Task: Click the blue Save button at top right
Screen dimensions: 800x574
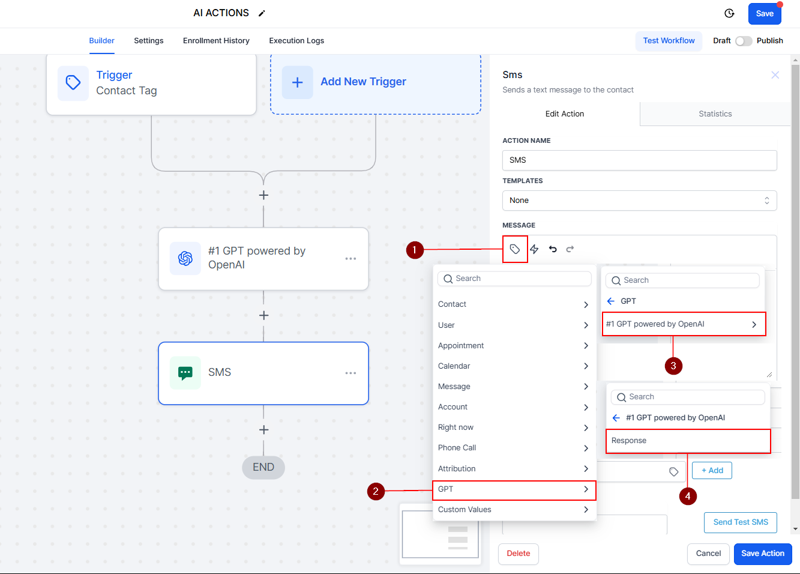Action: (764, 14)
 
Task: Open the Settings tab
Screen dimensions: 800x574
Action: (149, 41)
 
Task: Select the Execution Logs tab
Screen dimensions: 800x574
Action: (296, 41)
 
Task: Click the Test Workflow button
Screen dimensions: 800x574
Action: (669, 41)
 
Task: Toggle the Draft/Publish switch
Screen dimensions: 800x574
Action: (744, 41)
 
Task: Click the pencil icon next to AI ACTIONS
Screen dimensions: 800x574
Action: (262, 13)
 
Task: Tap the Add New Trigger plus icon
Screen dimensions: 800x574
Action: (298, 82)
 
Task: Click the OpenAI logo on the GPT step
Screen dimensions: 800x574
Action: (185, 258)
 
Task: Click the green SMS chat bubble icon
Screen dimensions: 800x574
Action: (185, 373)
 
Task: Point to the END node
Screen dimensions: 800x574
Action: (263, 467)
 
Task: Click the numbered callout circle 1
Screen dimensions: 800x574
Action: (415, 250)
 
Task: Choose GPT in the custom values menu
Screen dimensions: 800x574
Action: (514, 489)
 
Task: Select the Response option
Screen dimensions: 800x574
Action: (688, 441)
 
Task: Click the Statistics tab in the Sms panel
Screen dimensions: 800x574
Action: (715, 114)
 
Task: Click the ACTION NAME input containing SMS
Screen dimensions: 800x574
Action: (639, 160)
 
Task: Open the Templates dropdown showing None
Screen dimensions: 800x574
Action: (639, 201)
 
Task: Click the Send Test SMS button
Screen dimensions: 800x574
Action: (741, 522)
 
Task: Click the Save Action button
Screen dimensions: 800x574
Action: (763, 554)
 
